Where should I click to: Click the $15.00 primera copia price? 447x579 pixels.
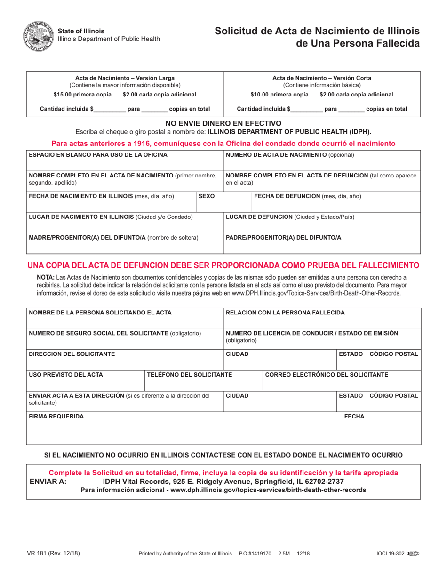click(x=83, y=94)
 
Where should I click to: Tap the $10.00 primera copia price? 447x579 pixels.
click(x=279, y=94)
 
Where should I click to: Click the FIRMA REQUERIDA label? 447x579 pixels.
click(x=56, y=417)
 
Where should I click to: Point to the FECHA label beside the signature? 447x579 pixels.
click(x=354, y=417)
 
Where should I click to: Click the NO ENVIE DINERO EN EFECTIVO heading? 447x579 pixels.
click(x=223, y=123)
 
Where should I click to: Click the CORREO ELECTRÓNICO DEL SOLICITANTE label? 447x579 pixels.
click(x=327, y=375)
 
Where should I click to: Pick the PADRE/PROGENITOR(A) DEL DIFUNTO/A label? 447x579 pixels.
click(x=284, y=238)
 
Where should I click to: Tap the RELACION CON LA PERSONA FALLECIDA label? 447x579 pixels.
click(x=285, y=313)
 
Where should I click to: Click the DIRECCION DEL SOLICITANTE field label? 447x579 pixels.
click(x=72, y=354)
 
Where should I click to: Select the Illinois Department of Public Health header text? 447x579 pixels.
click(x=109, y=39)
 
